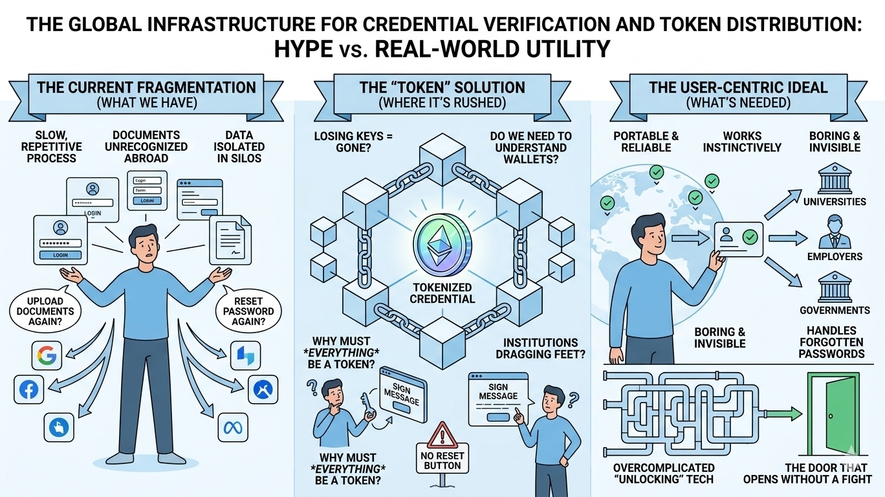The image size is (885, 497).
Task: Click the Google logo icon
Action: point(47,355)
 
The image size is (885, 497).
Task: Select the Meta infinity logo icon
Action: point(231,428)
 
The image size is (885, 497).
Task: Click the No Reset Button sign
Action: point(442,460)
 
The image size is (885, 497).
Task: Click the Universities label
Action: point(834,201)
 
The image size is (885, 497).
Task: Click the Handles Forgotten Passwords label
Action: point(831,342)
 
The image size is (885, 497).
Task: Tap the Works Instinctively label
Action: point(742,142)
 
